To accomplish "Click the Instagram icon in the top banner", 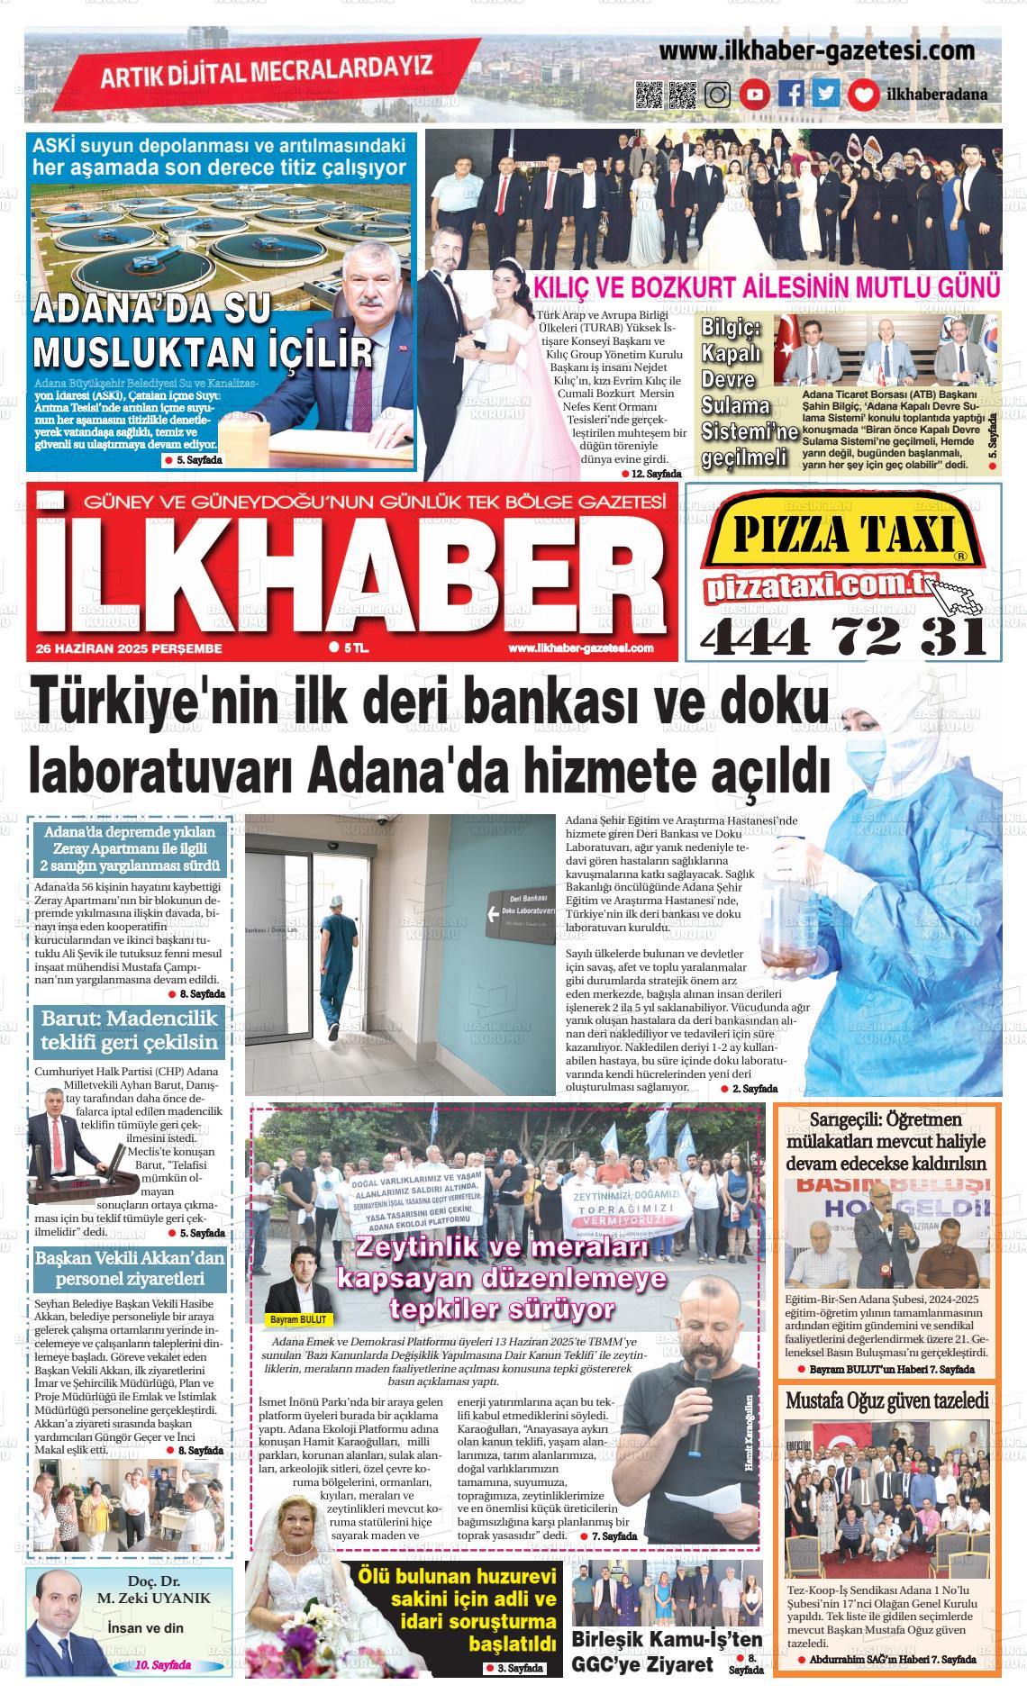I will click(x=718, y=95).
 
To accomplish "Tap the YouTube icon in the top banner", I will click(x=755, y=95).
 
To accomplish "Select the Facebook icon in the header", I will click(x=791, y=95).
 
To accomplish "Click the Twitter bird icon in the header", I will click(x=824, y=95).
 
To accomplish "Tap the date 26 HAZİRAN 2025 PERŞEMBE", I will click(x=129, y=648).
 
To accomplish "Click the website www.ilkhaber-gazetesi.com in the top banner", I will click(x=816, y=50).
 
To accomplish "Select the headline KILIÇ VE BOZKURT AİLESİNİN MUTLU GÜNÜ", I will click(x=767, y=287).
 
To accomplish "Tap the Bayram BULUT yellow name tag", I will click(x=300, y=1319).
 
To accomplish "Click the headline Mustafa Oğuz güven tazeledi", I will click(x=887, y=1400).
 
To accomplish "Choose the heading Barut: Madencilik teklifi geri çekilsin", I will click(x=130, y=1031).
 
